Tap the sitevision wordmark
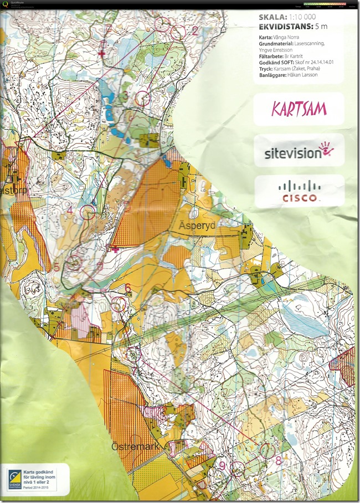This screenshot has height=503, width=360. point(291,151)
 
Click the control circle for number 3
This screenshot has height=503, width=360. point(142,98)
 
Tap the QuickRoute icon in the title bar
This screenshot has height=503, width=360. point(5,4)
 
